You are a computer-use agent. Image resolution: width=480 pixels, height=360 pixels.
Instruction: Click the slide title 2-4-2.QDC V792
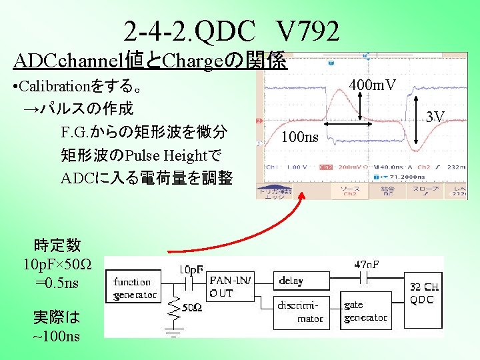tap(231, 31)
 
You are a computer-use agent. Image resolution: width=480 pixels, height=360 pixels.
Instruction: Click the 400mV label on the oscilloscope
tap(373, 85)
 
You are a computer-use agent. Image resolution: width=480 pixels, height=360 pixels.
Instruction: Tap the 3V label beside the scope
tap(435, 118)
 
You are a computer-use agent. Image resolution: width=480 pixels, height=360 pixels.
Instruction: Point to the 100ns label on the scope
tap(301, 138)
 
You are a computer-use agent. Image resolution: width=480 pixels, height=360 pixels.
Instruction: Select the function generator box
tap(135, 288)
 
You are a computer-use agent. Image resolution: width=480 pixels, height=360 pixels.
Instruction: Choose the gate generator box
tap(365, 311)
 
